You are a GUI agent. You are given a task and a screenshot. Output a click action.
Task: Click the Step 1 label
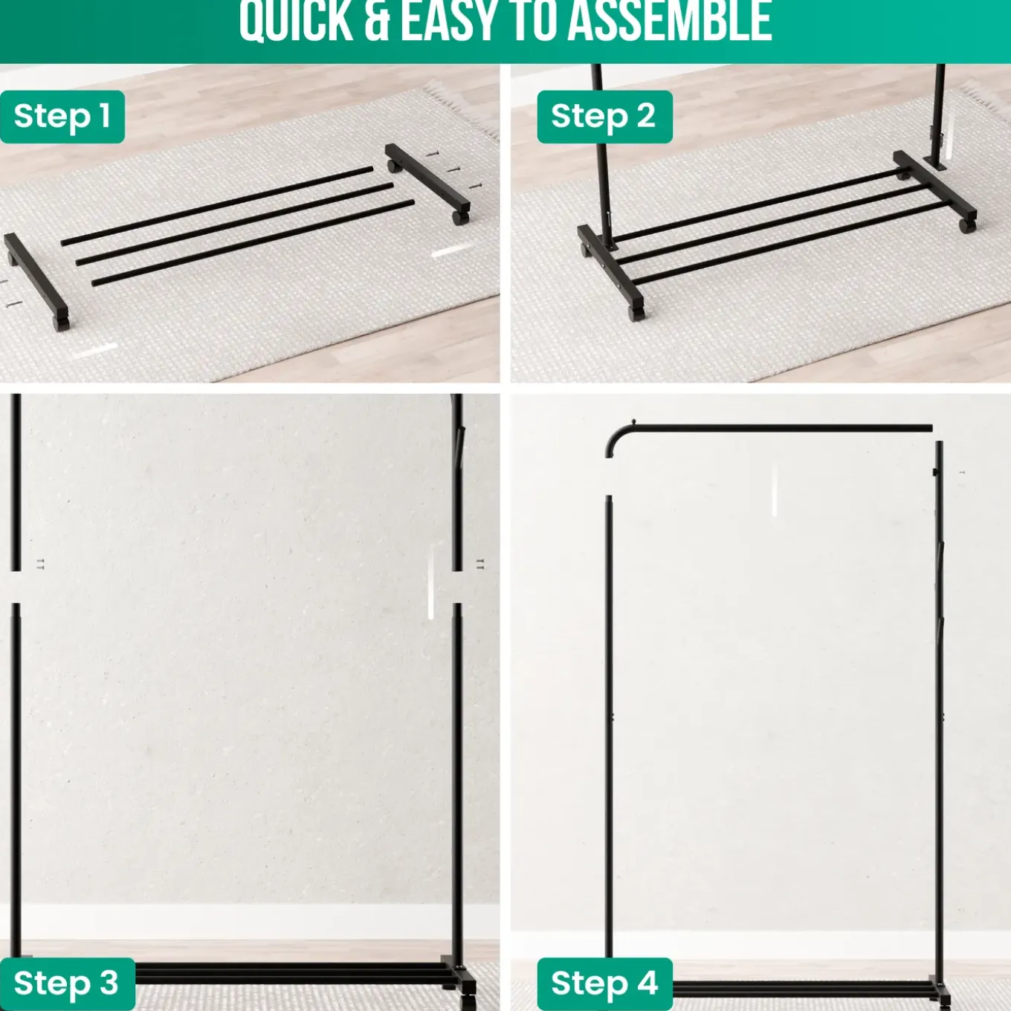(62, 117)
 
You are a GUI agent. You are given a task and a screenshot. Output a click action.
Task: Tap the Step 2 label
(604, 117)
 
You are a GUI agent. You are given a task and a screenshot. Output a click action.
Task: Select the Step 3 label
(67, 983)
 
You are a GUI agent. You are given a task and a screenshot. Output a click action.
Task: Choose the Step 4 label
(604, 983)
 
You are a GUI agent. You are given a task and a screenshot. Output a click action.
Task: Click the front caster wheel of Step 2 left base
(635, 313)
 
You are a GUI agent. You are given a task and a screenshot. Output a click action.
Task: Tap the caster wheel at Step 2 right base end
(966, 225)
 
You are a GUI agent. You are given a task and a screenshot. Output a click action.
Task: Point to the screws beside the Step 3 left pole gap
(40, 564)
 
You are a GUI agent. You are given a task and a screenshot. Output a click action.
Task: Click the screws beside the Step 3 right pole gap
(480, 564)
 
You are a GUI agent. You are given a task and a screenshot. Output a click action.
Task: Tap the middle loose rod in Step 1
(234, 224)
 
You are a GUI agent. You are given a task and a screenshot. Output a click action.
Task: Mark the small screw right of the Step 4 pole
(962, 473)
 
